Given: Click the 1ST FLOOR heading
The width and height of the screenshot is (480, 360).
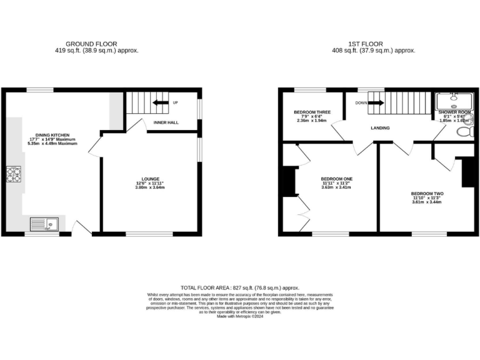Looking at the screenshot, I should click(374, 43).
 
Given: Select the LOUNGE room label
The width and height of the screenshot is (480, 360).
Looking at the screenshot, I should click(151, 178).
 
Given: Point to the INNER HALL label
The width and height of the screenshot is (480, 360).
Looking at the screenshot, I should click(166, 122).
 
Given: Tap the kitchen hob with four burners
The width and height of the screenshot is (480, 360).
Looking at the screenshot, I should click(13, 174).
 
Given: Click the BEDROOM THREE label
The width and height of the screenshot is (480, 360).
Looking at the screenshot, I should click(312, 112).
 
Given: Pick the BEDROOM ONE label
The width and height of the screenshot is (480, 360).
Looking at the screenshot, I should click(337, 179).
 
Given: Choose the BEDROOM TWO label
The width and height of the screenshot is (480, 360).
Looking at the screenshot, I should click(427, 194).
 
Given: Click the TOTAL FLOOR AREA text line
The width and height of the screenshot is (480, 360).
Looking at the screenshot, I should click(240, 287).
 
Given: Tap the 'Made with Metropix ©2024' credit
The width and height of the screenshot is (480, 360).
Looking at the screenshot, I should click(240, 317).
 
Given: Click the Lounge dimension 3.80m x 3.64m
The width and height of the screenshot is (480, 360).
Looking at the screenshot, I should click(151, 187).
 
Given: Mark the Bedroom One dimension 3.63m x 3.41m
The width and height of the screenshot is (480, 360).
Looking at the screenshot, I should click(337, 187).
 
